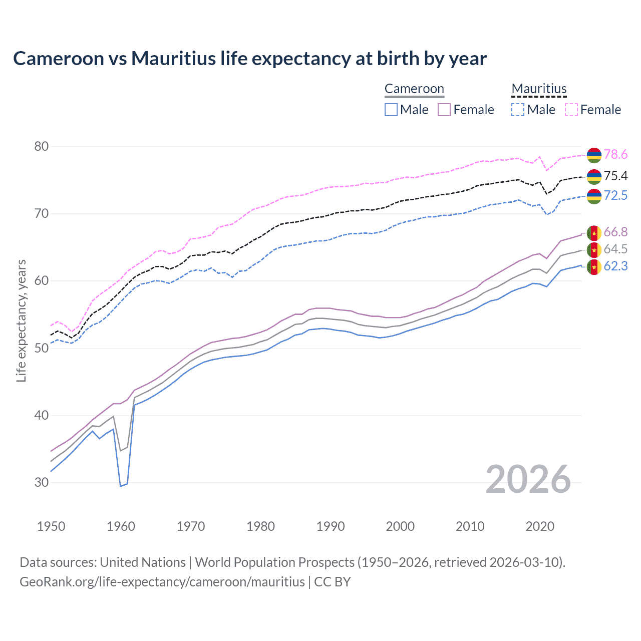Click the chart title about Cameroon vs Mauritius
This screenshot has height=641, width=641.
point(249,59)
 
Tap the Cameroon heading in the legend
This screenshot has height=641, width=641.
point(414,89)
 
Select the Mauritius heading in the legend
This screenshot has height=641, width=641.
point(539,89)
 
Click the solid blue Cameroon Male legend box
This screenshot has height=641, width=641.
point(391,110)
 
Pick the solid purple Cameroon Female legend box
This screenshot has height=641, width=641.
point(444,110)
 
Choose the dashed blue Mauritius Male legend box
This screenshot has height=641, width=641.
point(518,110)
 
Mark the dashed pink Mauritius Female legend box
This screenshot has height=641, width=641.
point(571,110)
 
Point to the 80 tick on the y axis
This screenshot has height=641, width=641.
point(42,147)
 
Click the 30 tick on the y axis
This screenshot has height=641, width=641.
point(42,483)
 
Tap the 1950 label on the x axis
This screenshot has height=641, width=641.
point(51,526)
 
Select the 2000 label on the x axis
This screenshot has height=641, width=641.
point(400,526)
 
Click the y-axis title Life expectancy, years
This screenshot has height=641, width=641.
point(21,320)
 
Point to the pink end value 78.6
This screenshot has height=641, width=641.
point(615,155)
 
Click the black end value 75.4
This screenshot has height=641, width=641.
point(615,176)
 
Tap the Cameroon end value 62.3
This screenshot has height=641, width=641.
point(615,266)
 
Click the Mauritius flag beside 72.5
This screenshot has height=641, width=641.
point(594,196)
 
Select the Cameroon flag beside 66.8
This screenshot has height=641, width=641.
point(594,233)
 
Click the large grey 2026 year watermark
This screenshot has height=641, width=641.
point(528,480)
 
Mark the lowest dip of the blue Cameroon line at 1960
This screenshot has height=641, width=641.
point(121,486)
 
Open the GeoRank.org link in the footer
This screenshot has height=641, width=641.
point(162,582)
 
